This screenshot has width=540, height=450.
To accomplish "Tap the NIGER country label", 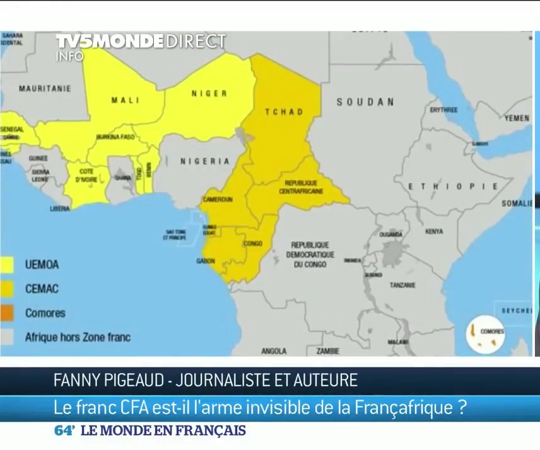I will click(209, 93).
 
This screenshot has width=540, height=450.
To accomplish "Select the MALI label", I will click(125, 100).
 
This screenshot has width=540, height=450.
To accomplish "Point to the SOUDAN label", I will click(365, 101).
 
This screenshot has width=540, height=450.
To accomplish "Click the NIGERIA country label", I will click(205, 161).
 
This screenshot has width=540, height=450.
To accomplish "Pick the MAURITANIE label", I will click(45, 88).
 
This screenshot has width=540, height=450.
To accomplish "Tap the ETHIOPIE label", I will click(453, 187).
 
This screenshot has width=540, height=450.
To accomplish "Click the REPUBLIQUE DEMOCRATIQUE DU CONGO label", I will click(310, 255).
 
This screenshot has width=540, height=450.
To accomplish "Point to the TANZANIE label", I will click(402, 285).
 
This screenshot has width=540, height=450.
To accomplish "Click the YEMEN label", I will click(517, 118).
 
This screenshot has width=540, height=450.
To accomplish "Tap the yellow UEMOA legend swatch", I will click(7, 265).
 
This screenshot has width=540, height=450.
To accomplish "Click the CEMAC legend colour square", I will click(7, 289).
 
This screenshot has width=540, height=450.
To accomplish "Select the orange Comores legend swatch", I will click(7, 313).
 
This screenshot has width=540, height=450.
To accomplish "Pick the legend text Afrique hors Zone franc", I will click(78, 337).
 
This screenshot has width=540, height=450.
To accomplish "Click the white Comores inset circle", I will click(485, 334).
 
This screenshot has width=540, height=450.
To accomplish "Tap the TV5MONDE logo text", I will click(109, 42).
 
